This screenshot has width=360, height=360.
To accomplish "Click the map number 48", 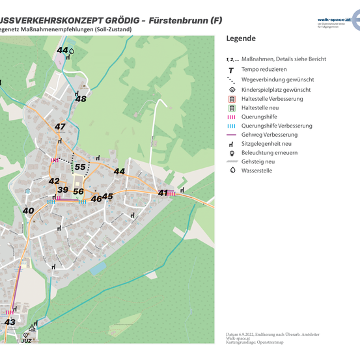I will (x=81, y=98).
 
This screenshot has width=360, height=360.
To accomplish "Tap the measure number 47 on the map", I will (x=60, y=126).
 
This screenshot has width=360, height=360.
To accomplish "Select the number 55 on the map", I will (x=81, y=167).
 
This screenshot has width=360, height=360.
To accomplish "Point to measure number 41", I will (x=163, y=193).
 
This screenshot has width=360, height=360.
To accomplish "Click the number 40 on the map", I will (x=28, y=210).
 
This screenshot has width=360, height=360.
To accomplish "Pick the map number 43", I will (x=10, y=322).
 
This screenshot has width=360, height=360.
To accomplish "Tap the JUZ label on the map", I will (x=26, y=340).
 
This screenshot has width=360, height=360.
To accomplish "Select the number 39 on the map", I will (x=62, y=190).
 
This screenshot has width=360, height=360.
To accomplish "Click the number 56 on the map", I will (x=78, y=191).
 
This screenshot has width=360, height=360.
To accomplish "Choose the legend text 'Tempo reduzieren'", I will (x=264, y=69).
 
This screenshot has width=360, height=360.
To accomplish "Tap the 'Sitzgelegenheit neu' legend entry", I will (x=269, y=143).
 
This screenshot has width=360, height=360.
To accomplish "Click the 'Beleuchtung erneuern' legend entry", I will (x=270, y=152).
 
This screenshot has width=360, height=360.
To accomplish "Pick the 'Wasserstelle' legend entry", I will (x=256, y=170).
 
